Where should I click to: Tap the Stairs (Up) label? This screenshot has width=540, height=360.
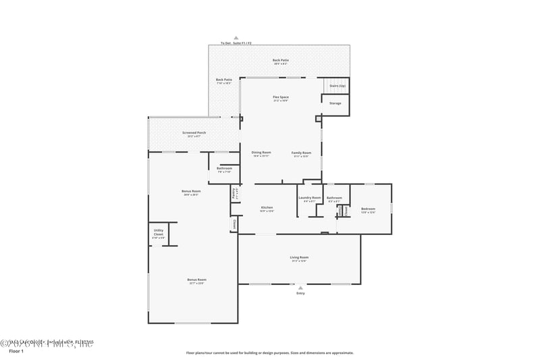[337, 86]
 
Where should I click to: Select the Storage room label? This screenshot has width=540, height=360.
[335, 103]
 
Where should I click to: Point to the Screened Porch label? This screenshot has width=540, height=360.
[194, 134]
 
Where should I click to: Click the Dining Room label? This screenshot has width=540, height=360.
[261, 154]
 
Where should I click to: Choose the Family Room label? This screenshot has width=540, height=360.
[301, 154]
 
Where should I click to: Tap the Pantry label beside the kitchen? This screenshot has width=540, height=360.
[234, 193]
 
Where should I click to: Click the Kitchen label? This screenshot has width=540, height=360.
[267, 208]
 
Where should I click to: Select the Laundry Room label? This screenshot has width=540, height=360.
[309, 199]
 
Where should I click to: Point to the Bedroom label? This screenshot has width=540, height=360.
[368, 209]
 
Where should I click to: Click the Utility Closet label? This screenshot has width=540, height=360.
[159, 234]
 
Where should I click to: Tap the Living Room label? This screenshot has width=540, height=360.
[299, 258]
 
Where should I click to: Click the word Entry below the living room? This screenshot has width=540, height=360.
[300, 293]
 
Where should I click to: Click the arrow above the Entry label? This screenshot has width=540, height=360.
[300, 287]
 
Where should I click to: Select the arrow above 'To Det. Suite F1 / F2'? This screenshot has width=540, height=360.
[236, 38]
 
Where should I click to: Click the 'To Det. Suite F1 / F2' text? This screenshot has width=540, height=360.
[236, 43]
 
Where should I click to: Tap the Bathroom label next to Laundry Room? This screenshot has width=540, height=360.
[334, 199]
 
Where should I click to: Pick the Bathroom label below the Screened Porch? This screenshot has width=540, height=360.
[225, 170]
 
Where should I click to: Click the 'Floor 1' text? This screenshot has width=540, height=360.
[16, 351]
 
